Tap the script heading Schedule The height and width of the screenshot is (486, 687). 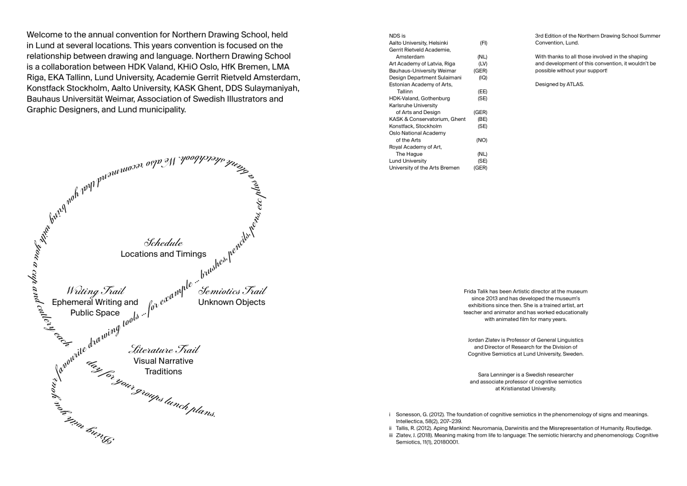coord(163,242)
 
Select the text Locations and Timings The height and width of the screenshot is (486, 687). coord(163,254)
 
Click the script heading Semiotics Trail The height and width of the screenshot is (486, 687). coord(232,291)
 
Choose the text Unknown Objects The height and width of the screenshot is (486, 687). coord(232,302)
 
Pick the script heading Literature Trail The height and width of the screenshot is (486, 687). coord(163,349)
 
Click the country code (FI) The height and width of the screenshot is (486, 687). coord(483,43)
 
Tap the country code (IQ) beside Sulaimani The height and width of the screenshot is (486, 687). coord(483,77)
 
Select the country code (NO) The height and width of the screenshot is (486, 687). coord(481,140)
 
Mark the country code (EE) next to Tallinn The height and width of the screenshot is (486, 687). coord(482,91)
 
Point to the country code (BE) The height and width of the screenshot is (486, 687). coord(482,119)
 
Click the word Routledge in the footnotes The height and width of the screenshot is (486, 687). coord(635,428)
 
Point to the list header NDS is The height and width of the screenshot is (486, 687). coord(397,36)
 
